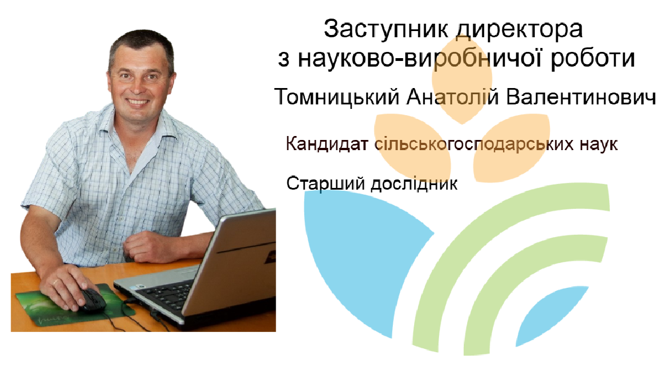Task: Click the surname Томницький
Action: (337, 97)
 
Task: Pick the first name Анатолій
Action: (453, 97)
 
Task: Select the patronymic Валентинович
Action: (582, 97)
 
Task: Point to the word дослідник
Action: (414, 184)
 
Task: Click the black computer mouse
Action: (92, 301)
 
